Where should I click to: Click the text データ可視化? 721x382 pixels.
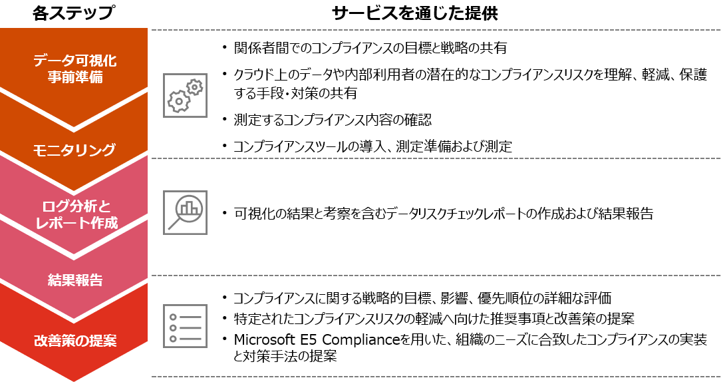pyautogui.click(x=74, y=61)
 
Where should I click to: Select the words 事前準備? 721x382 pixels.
pyautogui.click(x=74, y=77)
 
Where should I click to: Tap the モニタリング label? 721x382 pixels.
pyautogui.click(x=74, y=150)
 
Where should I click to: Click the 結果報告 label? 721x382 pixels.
pyautogui.click(x=75, y=280)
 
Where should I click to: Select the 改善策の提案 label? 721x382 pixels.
pyautogui.click(x=75, y=341)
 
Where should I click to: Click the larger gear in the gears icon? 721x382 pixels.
pyautogui.click(x=178, y=101)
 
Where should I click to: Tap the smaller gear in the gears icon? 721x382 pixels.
pyautogui.click(x=194, y=87)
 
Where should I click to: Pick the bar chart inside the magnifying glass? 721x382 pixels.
pyautogui.click(x=190, y=207)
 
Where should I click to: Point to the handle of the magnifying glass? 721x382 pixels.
pyautogui.click(x=174, y=224)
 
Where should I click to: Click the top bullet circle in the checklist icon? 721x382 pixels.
pyautogui.click(x=173, y=317)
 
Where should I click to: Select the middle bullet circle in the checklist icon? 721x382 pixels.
pyautogui.click(x=173, y=327)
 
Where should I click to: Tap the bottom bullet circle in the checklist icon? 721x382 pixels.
pyautogui.click(x=173, y=339)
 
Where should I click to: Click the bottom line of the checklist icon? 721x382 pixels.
pyautogui.click(x=190, y=339)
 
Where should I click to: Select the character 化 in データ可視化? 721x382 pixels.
pyautogui.click(x=109, y=61)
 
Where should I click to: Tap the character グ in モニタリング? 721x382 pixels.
pyautogui.click(x=108, y=150)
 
